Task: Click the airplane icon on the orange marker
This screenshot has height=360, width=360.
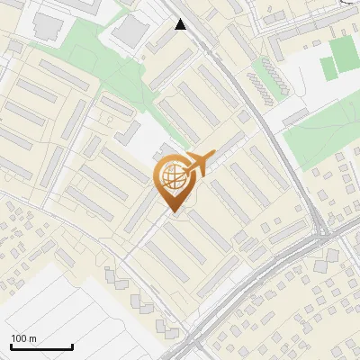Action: [x=197, y=163]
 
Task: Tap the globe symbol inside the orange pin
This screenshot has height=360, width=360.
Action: [x=174, y=178]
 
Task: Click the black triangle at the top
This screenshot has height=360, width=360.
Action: [x=181, y=24]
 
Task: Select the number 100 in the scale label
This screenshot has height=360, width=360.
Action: [x=19, y=338]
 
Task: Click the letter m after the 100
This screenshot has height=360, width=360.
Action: [x=32, y=338]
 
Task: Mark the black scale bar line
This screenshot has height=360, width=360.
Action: [x=41, y=346]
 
